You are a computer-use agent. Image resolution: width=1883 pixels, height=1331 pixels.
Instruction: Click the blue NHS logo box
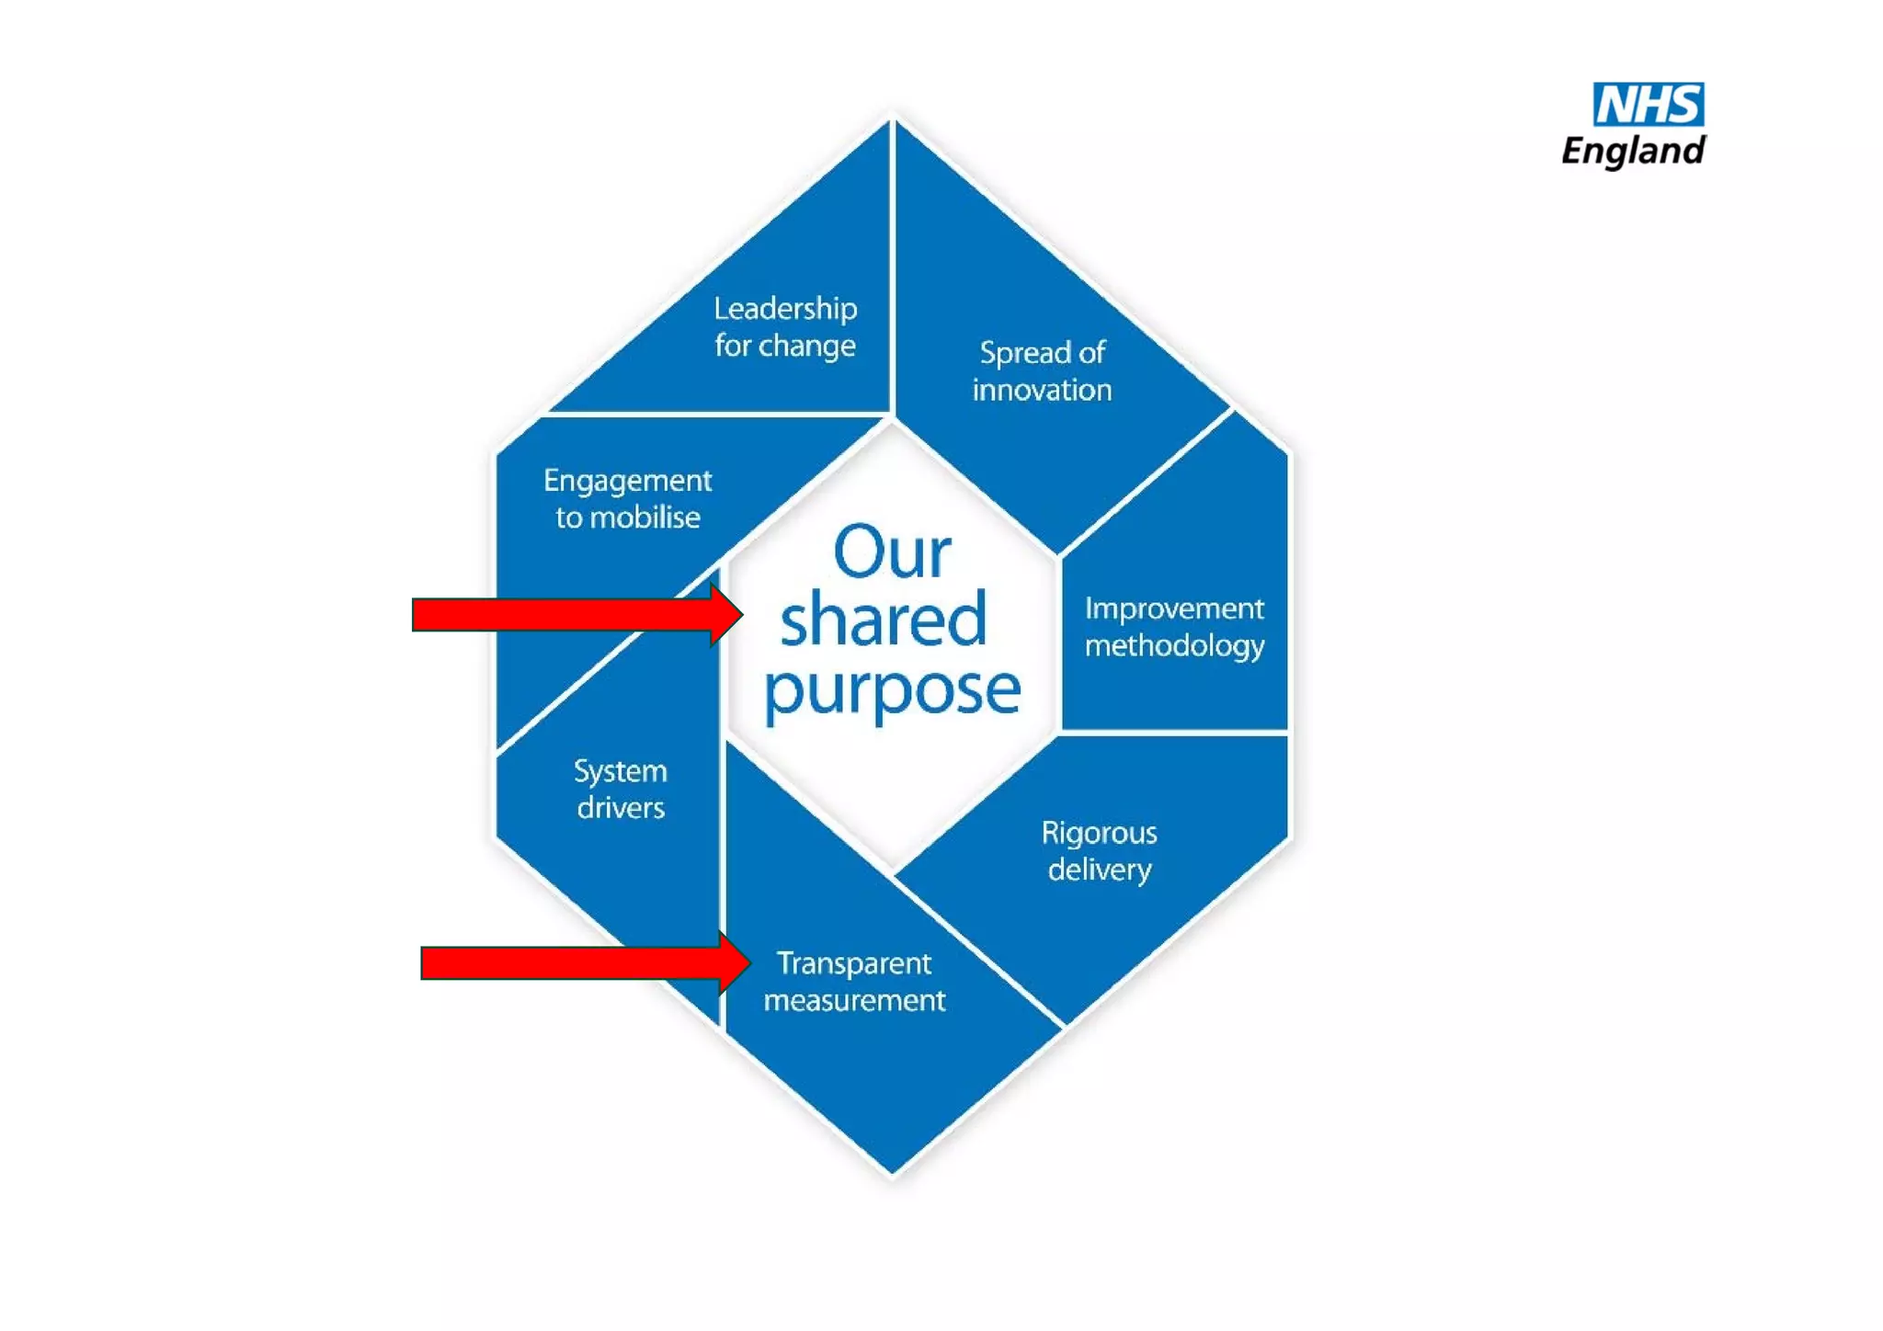pos(1648,104)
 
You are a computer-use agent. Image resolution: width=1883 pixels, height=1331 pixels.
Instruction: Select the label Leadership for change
pos(785,326)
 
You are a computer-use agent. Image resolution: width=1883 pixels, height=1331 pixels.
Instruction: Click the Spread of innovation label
pos(1042,370)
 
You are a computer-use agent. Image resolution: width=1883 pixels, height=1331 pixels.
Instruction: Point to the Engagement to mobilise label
pos(627,498)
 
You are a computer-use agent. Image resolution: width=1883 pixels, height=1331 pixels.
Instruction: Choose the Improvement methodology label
pos(1174,626)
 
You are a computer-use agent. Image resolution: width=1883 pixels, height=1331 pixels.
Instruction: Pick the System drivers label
pos(621,789)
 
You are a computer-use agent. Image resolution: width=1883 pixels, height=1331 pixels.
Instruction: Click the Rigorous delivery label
pos(1099,850)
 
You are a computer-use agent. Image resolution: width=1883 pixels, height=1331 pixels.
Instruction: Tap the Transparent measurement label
pos(854,981)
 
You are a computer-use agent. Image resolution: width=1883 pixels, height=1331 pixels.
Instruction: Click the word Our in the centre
pos(891,552)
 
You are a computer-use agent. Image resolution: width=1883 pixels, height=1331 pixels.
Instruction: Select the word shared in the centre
pos(883,620)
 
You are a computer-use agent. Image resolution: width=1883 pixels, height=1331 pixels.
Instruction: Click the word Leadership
pos(785,309)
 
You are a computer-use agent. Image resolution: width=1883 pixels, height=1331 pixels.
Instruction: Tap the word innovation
pos(1042,390)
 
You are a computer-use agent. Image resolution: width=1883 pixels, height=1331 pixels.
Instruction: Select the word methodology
pos(1174,645)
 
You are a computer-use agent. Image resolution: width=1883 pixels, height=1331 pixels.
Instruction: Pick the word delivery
pos(1099,869)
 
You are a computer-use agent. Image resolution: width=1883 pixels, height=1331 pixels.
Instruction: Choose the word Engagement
pos(627,481)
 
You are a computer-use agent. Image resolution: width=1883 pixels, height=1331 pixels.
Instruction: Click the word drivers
pos(621,807)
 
